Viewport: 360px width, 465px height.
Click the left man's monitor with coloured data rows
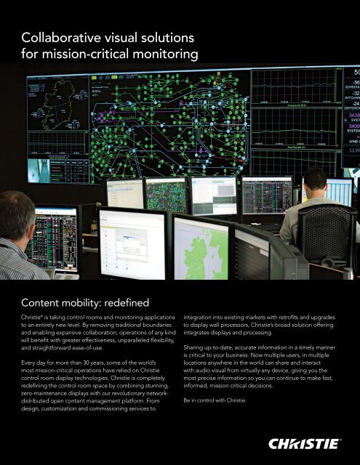tap(52, 237)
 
